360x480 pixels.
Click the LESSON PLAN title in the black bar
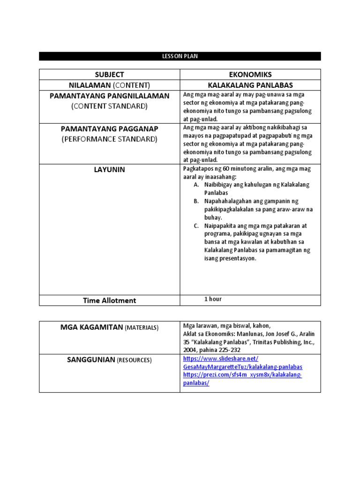pyautogui.click(x=180, y=56)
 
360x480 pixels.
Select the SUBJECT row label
pyautogui.click(x=109, y=75)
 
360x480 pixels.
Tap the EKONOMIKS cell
pyautogui.click(x=250, y=75)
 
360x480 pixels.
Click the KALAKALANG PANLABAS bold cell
pyautogui.click(x=250, y=85)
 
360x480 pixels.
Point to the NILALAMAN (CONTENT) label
pyautogui.click(x=109, y=85)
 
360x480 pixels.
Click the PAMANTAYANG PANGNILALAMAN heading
pyautogui.click(x=109, y=96)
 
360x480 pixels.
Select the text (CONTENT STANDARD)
pyautogui.click(x=109, y=106)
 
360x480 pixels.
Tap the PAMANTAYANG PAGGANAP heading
pyautogui.click(x=109, y=128)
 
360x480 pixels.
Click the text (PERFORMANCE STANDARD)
pyautogui.click(x=109, y=139)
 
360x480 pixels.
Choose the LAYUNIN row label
pyautogui.click(x=109, y=170)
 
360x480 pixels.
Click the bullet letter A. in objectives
pyautogui.click(x=196, y=185)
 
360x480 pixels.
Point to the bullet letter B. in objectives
pyautogui.click(x=196, y=201)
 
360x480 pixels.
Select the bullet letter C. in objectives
pyautogui.click(x=196, y=226)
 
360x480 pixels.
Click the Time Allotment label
pyautogui.click(x=109, y=300)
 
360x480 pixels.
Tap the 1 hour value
pyautogui.click(x=213, y=299)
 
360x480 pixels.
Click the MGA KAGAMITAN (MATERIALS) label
pyautogui.click(x=109, y=327)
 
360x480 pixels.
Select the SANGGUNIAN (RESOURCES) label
pyautogui.click(x=109, y=360)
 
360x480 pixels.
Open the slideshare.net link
pyautogui.click(x=242, y=363)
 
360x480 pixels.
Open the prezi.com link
pyautogui.click(x=242, y=379)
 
